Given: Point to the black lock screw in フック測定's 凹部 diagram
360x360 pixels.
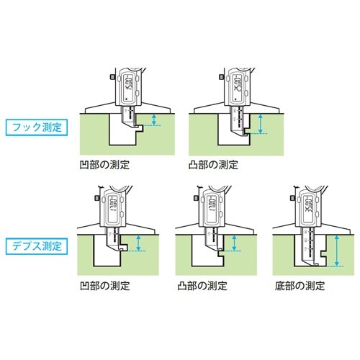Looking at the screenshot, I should pyautogui.click(x=112, y=76).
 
